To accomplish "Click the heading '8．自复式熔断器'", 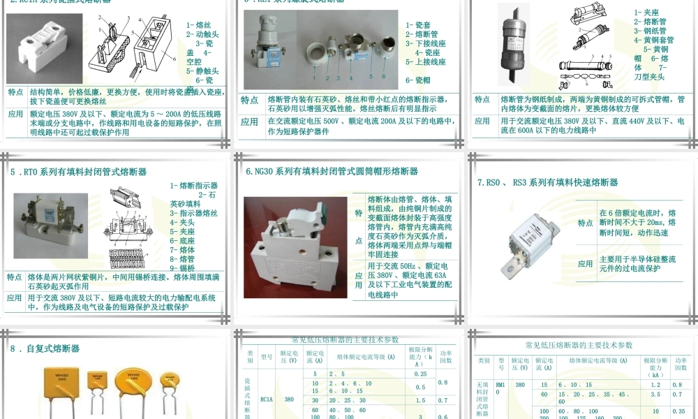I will click(x=45, y=348).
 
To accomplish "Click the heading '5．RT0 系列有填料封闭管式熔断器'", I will click(x=78, y=171).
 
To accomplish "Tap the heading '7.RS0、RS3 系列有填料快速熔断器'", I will click(x=547, y=183).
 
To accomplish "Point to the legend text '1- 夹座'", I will click(x=647, y=12).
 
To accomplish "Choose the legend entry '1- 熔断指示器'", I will click(x=194, y=186).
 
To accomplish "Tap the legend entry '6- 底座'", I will click(x=183, y=240).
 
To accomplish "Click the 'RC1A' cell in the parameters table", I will click(x=266, y=399).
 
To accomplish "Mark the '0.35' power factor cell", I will click(x=676, y=411).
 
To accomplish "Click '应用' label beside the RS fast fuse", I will click(x=585, y=264).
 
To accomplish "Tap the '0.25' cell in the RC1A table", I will click(x=420, y=375).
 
